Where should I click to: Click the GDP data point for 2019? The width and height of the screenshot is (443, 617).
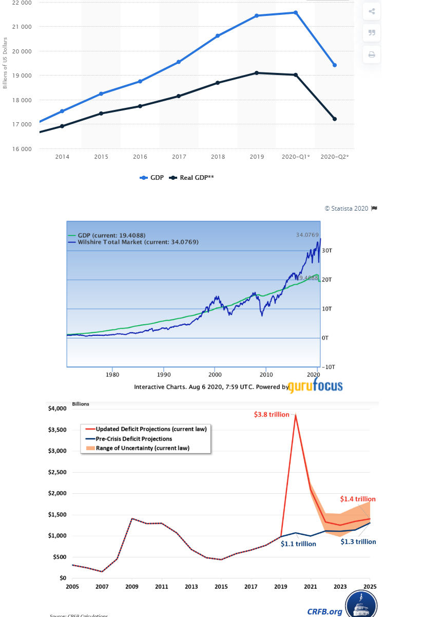click(257, 15)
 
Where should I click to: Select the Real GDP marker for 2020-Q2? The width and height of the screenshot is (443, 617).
click(335, 119)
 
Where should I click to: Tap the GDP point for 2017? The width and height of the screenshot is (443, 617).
click(179, 62)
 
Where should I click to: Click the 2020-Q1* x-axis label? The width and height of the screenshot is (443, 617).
click(296, 157)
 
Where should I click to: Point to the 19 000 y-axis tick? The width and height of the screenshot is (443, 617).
click(22, 76)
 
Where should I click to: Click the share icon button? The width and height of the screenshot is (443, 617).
click(372, 11)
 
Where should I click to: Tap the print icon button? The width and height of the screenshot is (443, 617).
click(372, 54)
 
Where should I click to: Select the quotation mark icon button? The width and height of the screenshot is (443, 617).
click(372, 33)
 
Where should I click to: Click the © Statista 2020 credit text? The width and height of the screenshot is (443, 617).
click(346, 208)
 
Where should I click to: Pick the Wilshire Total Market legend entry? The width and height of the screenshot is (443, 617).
click(137, 242)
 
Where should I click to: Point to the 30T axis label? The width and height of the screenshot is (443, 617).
click(328, 251)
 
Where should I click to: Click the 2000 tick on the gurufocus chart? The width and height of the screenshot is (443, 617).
click(215, 374)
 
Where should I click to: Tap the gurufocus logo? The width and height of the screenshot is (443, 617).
click(315, 386)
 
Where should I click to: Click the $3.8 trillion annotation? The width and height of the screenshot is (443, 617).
click(272, 414)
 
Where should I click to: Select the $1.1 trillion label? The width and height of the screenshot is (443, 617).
click(298, 544)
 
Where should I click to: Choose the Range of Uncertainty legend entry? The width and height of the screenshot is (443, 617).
click(143, 448)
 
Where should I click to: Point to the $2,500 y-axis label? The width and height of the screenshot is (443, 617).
click(57, 472)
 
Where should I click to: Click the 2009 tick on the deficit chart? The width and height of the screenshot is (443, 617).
click(132, 587)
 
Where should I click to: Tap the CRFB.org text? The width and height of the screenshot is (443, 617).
click(324, 611)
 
